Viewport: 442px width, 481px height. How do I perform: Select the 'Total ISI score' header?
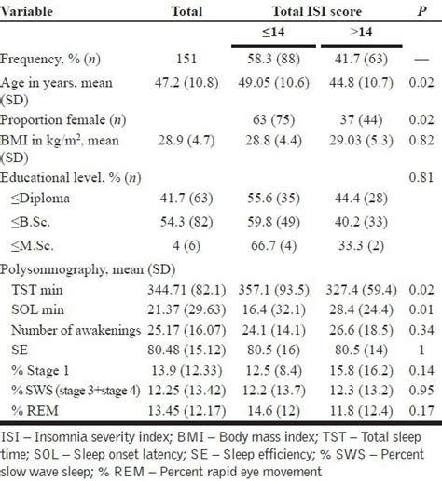312,12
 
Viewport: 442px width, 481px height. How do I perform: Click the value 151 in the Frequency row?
189,59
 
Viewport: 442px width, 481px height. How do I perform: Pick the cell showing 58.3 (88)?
263,59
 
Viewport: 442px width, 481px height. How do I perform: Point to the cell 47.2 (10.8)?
189,81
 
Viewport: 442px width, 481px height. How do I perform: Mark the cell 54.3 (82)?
189,221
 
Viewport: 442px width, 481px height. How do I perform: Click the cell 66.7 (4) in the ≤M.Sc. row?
263,243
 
